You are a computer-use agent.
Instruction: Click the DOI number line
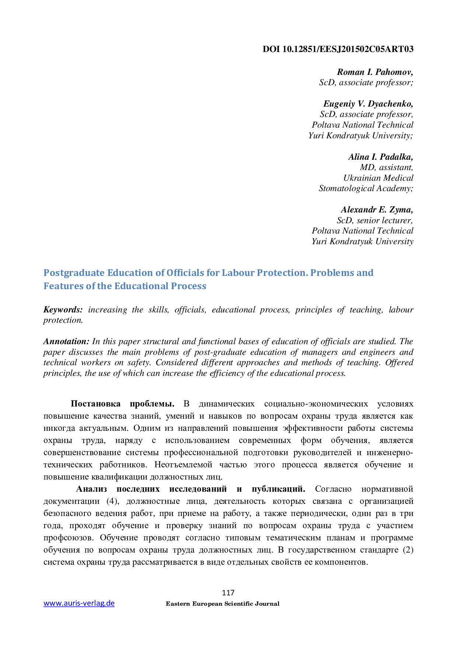click(x=338, y=49)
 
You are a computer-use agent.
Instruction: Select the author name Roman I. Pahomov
click(x=375, y=72)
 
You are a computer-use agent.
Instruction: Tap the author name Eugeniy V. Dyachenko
click(x=368, y=104)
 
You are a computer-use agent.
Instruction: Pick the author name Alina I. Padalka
click(x=380, y=157)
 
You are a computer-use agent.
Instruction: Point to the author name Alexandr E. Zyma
click(x=377, y=210)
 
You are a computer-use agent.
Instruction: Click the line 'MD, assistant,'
click(x=386, y=167)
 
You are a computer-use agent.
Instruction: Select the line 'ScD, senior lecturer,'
click(x=374, y=220)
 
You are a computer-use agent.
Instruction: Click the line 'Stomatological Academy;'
click(x=366, y=188)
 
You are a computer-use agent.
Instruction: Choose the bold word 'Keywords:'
click(x=63, y=309)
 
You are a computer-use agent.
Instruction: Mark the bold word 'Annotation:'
click(x=66, y=341)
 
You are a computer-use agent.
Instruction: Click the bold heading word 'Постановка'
click(x=95, y=404)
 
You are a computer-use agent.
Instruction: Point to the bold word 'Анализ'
click(x=91, y=489)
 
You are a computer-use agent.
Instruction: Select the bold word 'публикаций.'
click(x=278, y=489)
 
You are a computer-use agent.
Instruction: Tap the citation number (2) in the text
click(x=408, y=550)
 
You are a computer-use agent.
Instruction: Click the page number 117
click(x=228, y=593)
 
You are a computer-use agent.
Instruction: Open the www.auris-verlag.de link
click(x=79, y=603)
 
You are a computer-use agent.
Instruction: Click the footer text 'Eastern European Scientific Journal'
click(x=223, y=604)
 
